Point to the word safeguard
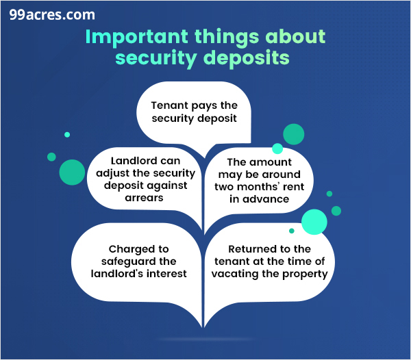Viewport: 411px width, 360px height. click(127, 261)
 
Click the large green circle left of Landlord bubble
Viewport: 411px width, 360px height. click(71, 172)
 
